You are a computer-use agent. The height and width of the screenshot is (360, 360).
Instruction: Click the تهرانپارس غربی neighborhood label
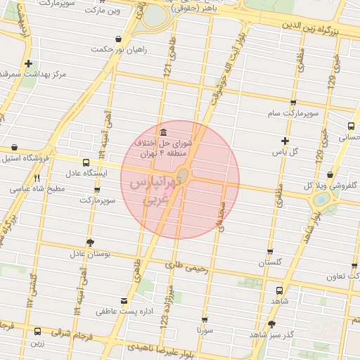[x=155, y=191]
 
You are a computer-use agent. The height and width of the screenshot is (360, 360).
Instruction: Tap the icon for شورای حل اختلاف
[x=163, y=133]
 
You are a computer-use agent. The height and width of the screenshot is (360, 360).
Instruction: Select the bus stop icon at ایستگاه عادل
[x=86, y=162]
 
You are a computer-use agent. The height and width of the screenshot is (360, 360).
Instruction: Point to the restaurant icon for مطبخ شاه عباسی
[x=37, y=178]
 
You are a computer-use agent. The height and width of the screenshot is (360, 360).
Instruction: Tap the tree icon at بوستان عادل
[x=89, y=242]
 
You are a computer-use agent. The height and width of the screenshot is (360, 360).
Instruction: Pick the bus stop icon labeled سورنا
[x=204, y=319]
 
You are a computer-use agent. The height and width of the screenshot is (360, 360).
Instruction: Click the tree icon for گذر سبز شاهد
[x=272, y=323]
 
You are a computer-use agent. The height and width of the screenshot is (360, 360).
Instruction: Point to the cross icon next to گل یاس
[x=284, y=141]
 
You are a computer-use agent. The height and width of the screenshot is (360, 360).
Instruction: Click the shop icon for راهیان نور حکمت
[x=117, y=39]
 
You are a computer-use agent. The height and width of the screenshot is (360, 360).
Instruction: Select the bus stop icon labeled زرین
[x=37, y=332]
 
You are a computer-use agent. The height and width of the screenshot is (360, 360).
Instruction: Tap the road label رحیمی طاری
[x=186, y=266]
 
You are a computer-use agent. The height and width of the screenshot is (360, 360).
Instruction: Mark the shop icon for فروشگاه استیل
[x=15, y=147]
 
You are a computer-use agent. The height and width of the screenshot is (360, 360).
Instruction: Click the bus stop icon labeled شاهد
[x=279, y=290]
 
